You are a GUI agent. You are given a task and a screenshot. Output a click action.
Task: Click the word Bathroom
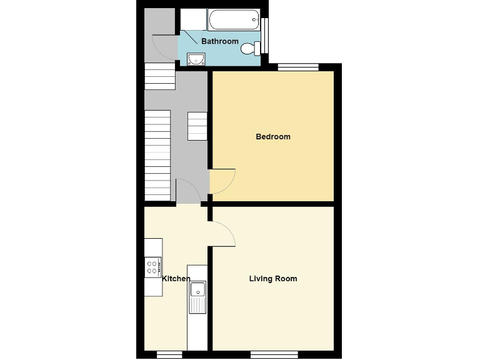pos(219,41)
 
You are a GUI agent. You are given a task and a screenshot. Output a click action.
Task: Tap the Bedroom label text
pos(273,137)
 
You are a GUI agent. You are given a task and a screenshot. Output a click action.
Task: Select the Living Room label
pos(273,279)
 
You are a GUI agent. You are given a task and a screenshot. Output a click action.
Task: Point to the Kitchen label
pos(176,279)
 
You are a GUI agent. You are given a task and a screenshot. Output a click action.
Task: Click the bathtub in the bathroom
pos(234,20)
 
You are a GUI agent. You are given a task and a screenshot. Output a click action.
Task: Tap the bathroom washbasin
pos(196,59)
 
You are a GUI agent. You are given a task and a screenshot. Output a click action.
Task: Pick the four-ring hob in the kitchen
pos(153,267)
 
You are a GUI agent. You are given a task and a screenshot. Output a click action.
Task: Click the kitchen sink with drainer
pos(197,297)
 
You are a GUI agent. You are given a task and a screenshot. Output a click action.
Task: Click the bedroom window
pos(297,67)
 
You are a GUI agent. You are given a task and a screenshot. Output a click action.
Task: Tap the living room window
pos(270,354)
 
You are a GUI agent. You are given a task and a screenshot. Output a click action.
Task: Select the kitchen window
pos(169,354)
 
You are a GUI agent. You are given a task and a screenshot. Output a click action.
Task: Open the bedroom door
pos(222,181)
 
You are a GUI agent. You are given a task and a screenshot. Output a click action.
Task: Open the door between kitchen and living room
pos(222,234)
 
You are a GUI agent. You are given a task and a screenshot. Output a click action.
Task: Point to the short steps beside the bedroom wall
pos(197,126)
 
